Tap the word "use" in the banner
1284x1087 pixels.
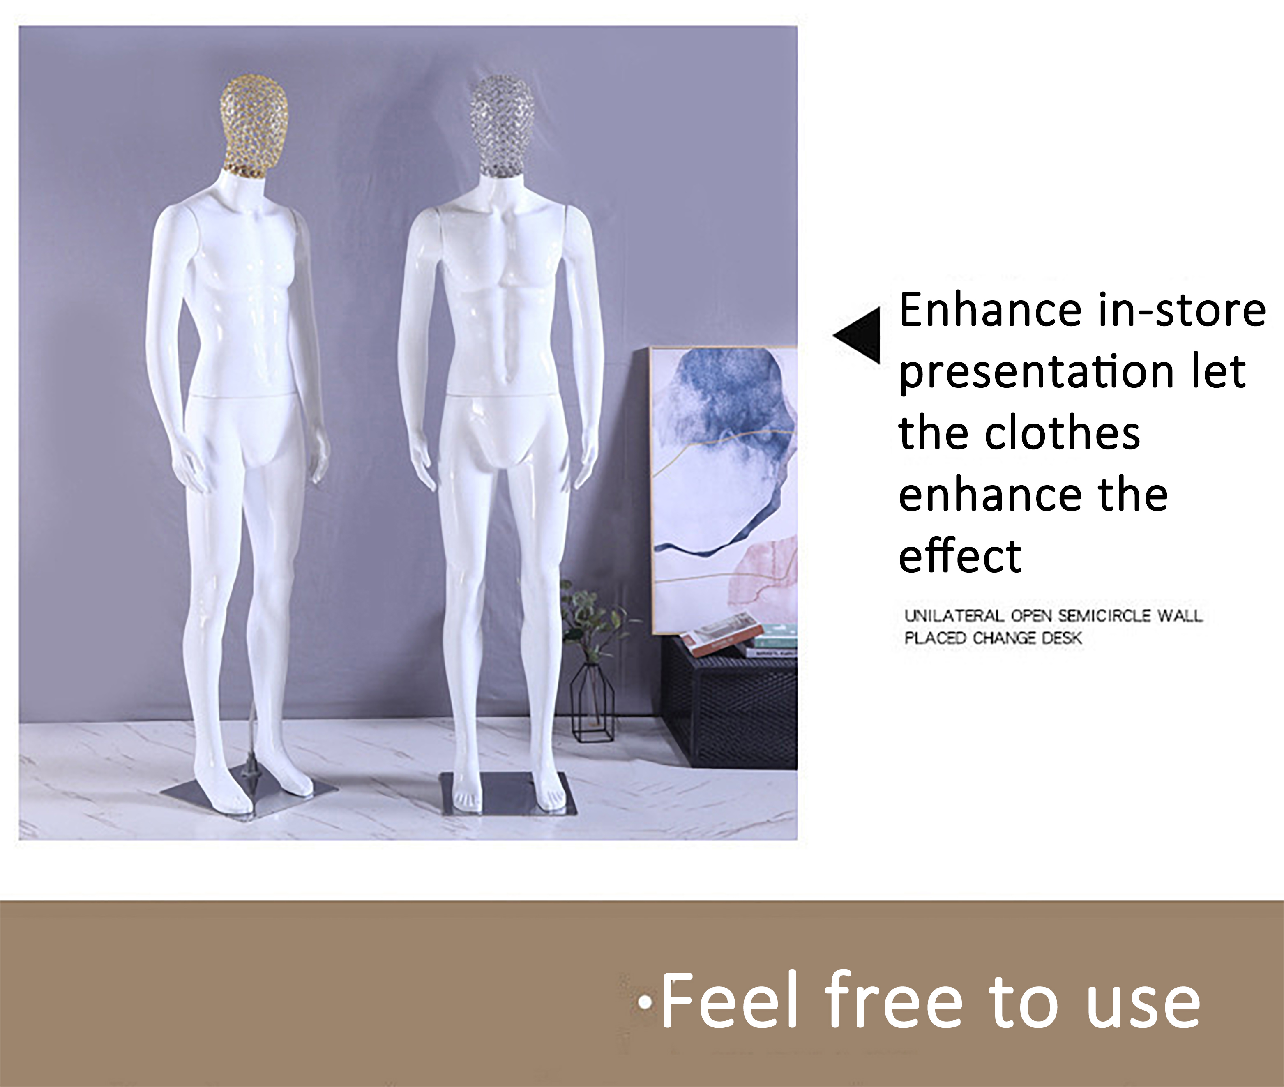point(1143,1007)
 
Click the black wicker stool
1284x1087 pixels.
point(731,706)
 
